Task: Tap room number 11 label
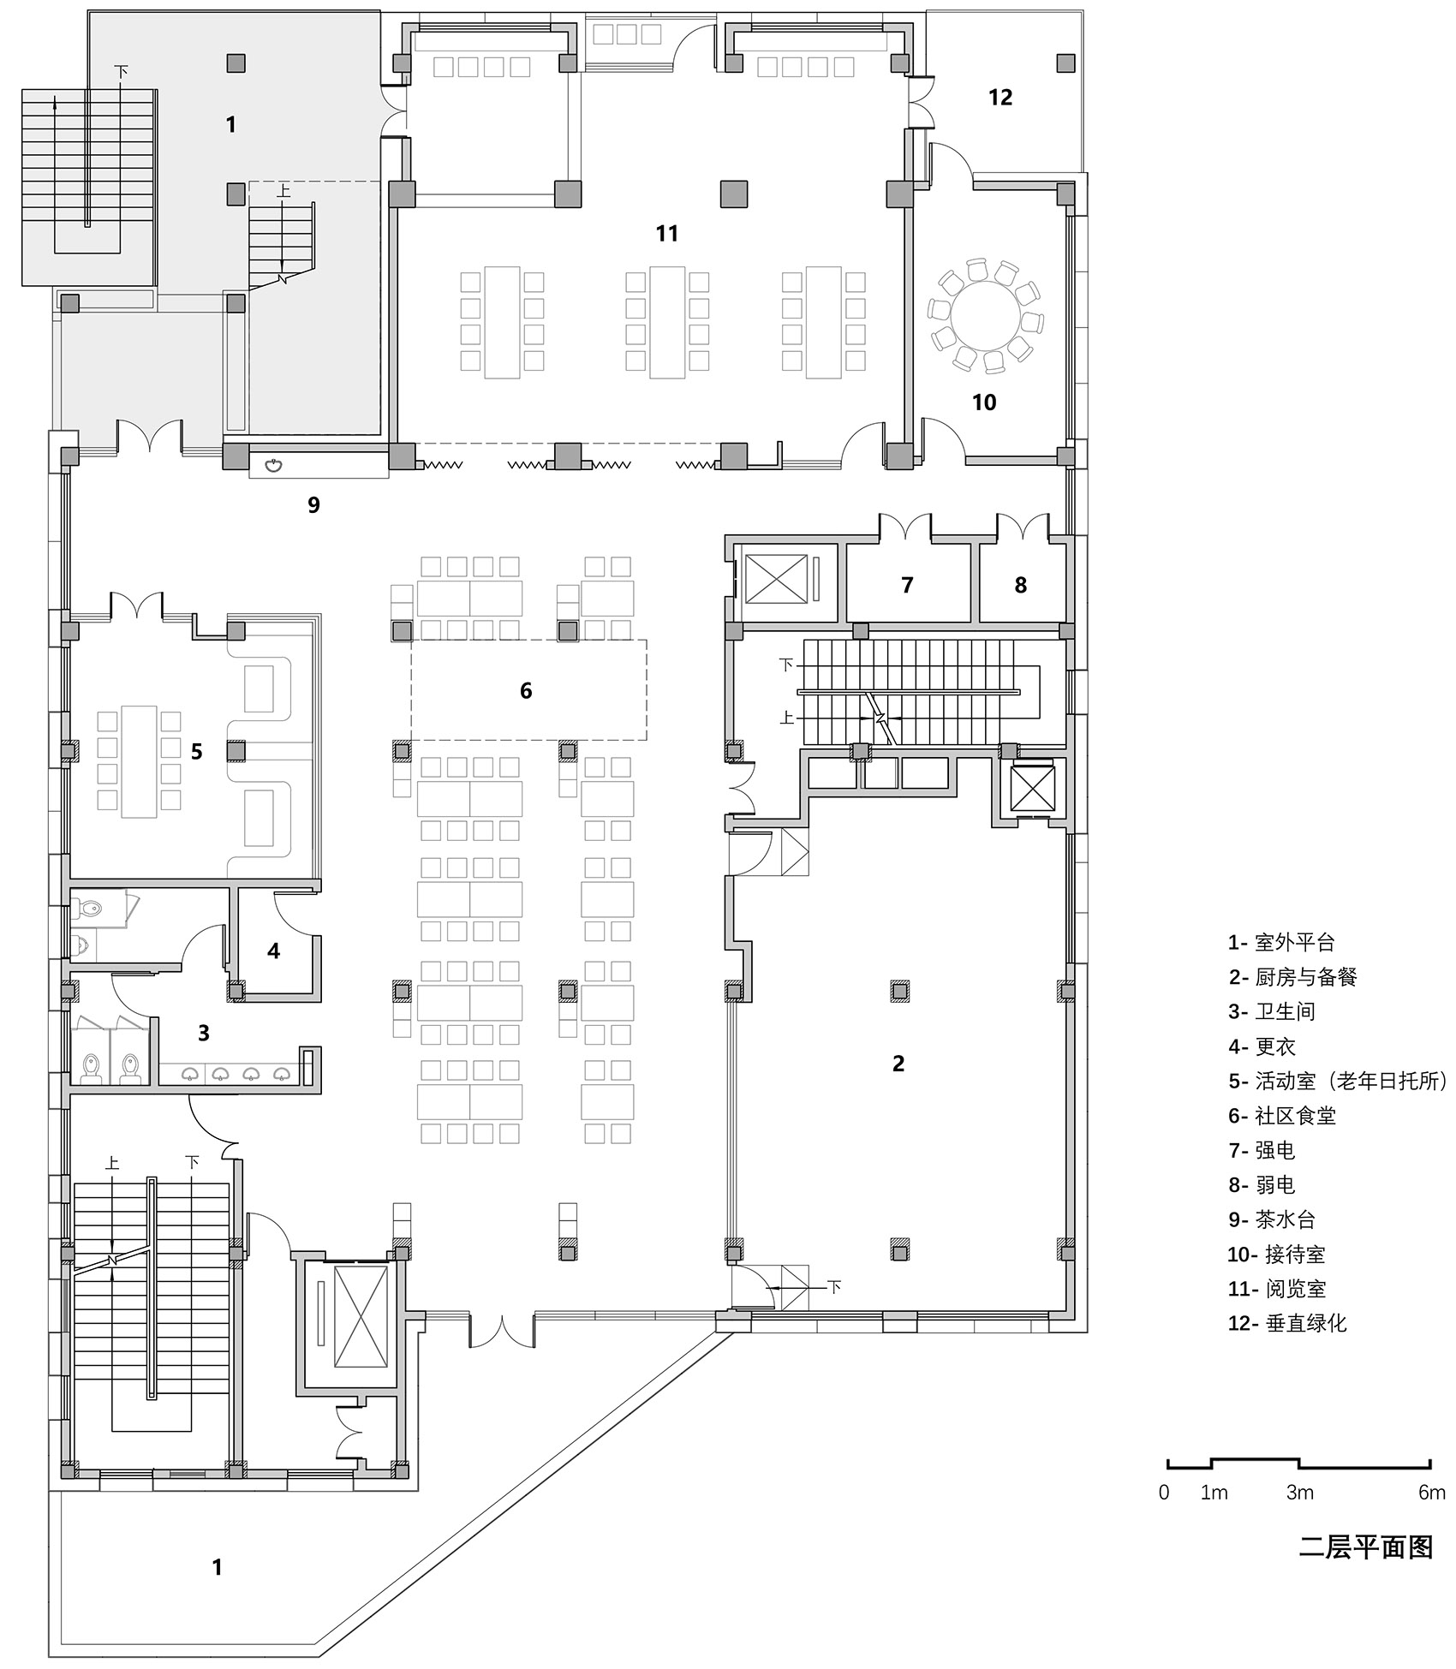[x=666, y=233]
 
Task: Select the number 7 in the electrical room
[x=907, y=585]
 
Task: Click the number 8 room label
[x=1020, y=585]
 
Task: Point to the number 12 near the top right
[x=1000, y=98]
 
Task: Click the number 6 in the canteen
[x=526, y=691]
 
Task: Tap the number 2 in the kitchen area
[x=898, y=1064]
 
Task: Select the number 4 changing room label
[x=273, y=951]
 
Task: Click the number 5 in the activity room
[x=196, y=752]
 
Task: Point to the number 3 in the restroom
[x=203, y=1033]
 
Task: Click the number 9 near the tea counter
[x=313, y=505]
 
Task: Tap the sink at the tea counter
[x=274, y=466]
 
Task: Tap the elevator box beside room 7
[x=776, y=579]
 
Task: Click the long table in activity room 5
[x=139, y=761]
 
